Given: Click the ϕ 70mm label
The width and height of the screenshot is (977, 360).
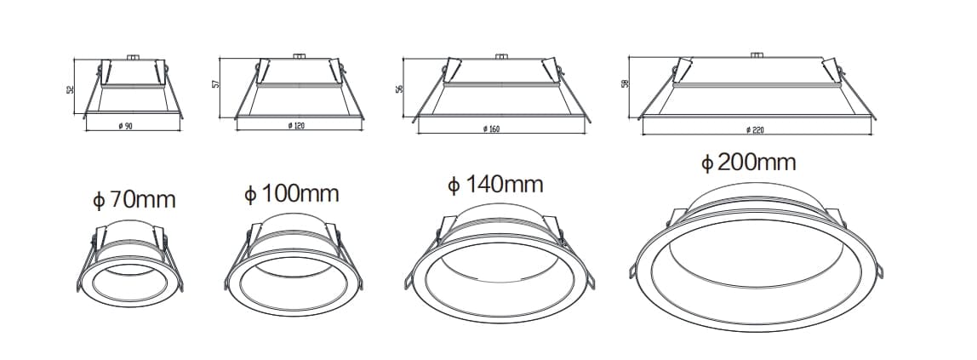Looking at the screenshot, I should pyautogui.click(x=134, y=201).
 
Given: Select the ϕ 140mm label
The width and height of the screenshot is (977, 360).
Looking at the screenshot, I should pyautogui.click(x=495, y=185).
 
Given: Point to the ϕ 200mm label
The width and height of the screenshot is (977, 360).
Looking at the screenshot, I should pyautogui.click(x=748, y=163).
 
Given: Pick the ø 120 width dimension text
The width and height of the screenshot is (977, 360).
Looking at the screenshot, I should pyautogui.click(x=296, y=126).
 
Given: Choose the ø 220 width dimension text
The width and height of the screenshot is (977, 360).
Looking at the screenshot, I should pyautogui.click(x=754, y=129).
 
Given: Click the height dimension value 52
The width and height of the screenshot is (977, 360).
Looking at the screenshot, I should pyautogui.click(x=71, y=89).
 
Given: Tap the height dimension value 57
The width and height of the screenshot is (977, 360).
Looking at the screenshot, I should pyautogui.click(x=216, y=85).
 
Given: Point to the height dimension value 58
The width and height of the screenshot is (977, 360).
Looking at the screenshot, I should pyautogui.click(x=625, y=84).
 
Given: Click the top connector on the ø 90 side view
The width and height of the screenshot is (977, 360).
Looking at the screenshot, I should pyautogui.click(x=132, y=57).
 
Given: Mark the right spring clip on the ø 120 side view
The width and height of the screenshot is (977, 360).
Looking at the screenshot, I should pyautogui.click(x=341, y=68).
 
